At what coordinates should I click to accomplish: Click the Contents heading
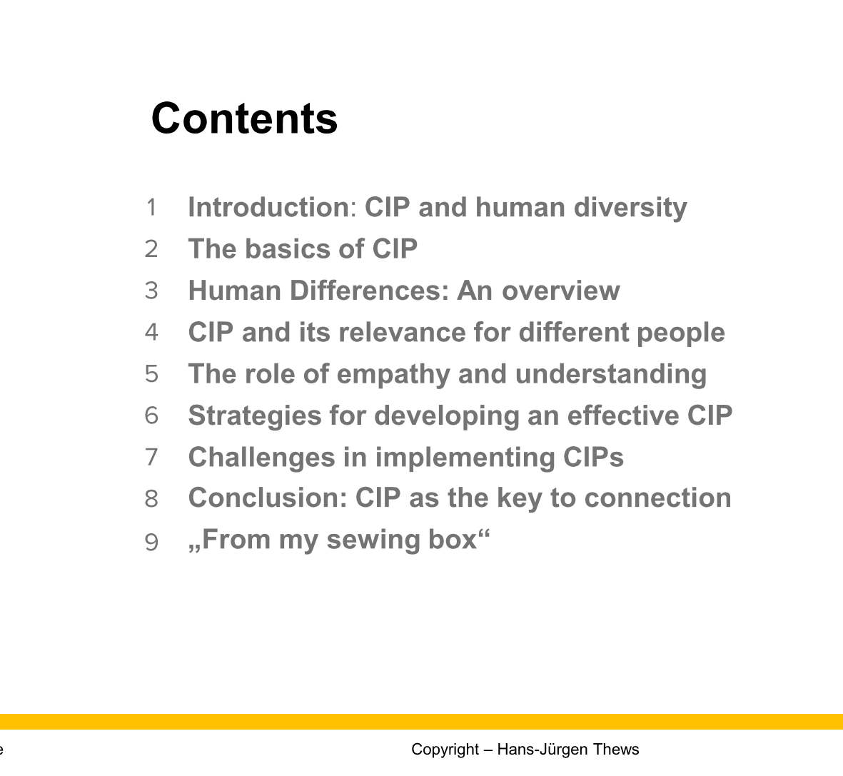click(245, 119)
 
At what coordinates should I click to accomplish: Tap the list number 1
click(151, 208)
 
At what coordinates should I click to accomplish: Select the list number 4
click(151, 333)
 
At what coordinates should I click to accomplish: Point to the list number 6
click(151, 415)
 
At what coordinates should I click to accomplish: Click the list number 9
click(151, 542)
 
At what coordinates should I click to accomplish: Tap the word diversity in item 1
click(630, 208)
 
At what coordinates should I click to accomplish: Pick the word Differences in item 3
click(369, 291)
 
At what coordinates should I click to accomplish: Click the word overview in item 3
click(561, 291)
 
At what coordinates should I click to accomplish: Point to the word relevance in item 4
click(402, 332)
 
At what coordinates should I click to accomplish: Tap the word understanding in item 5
click(611, 375)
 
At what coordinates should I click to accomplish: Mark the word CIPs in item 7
click(594, 457)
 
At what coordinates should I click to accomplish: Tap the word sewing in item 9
click(373, 540)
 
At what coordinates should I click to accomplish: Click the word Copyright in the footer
click(445, 750)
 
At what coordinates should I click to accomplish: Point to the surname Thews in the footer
click(616, 749)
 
